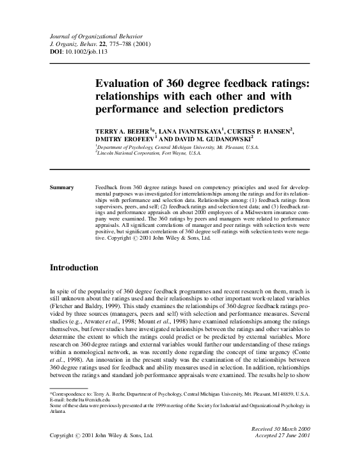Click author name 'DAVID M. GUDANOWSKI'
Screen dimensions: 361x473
click(214, 139)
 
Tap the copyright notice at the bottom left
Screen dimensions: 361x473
click(101, 435)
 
